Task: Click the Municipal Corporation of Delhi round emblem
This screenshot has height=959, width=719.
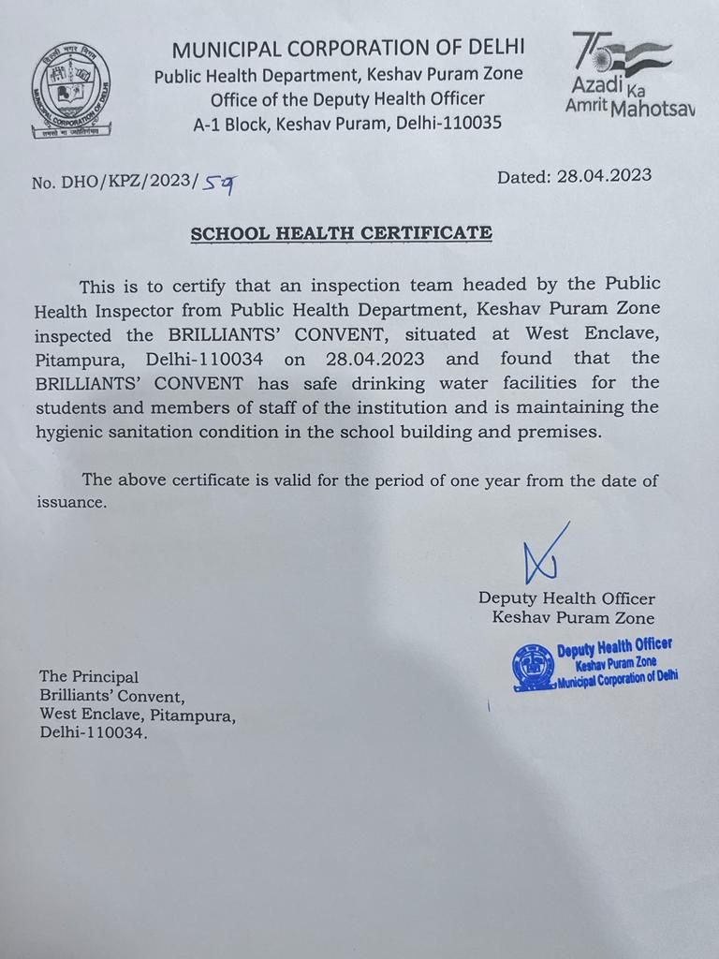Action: tap(71, 92)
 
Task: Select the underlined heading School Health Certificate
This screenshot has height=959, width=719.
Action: tap(341, 233)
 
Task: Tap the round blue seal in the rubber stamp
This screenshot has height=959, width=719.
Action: tap(533, 668)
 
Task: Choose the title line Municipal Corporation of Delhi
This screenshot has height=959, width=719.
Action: tap(348, 48)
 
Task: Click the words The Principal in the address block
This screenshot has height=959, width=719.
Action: tap(89, 676)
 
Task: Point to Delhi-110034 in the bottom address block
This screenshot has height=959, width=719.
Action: tap(94, 734)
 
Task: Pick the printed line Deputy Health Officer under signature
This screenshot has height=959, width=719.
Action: tap(566, 598)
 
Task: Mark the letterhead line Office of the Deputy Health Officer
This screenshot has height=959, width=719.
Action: tap(347, 98)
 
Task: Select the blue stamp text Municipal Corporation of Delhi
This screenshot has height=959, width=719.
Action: tap(617, 676)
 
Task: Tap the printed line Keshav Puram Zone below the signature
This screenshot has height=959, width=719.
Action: tap(573, 618)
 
